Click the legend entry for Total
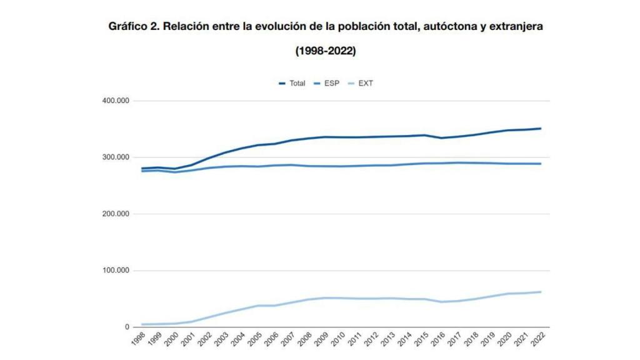coord(292,83)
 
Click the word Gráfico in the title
coord(127,27)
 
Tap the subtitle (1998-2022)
coord(325,51)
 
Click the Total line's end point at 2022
coord(541,129)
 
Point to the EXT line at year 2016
coord(441,302)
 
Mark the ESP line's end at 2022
coord(541,164)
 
